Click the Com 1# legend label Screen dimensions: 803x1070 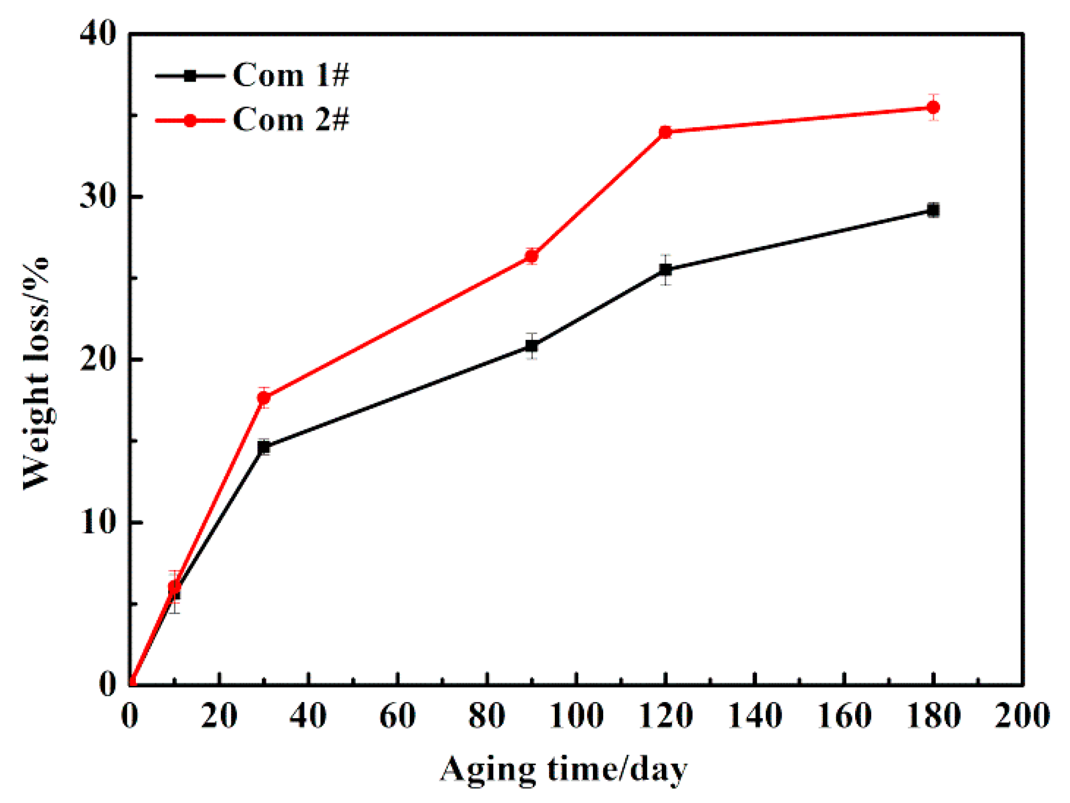(291, 75)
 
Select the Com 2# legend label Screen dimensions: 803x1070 (291, 119)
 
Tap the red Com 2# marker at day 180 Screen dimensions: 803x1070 (933, 107)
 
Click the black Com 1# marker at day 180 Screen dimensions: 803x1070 (933, 210)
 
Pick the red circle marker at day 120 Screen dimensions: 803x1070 (665, 132)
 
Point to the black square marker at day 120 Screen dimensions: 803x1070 (665, 269)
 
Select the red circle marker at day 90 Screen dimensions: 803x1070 (531, 256)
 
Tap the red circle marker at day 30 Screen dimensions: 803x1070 (264, 397)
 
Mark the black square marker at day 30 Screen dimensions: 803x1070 (264, 447)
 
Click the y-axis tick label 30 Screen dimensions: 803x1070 (98, 196)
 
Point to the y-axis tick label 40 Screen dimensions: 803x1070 (98, 33)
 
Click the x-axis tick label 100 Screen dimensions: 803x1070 (576, 716)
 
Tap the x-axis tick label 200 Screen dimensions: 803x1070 (1022, 716)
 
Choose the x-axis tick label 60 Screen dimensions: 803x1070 (397, 716)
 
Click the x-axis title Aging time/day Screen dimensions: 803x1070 (563, 769)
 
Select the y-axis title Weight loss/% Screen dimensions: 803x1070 (37, 373)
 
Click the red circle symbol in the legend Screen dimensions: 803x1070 (190, 120)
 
